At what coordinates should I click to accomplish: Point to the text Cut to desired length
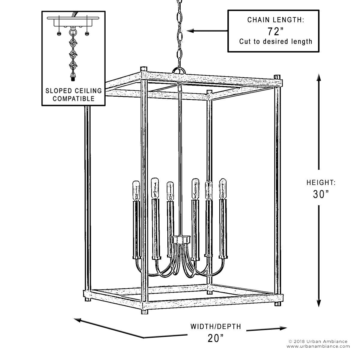pyautogui.click(x=276, y=41)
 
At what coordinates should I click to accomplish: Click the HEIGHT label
pyautogui.click(x=320, y=182)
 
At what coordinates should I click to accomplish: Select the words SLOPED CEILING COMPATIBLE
pyautogui.click(x=73, y=94)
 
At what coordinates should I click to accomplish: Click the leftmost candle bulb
pyautogui.click(x=136, y=190)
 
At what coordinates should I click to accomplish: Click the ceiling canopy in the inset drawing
pyautogui.click(x=73, y=22)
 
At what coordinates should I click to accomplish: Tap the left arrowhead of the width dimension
pyautogui.click(x=78, y=320)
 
